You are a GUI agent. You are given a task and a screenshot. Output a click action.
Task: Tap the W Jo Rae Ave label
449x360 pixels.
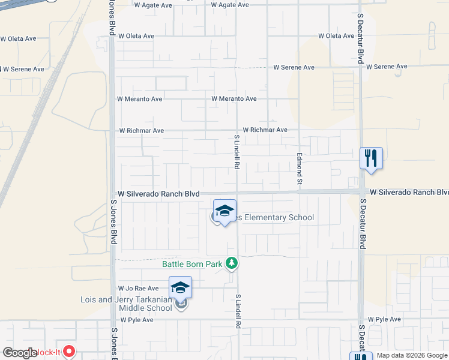[x=139, y=289]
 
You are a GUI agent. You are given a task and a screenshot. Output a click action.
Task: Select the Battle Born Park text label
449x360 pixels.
[x=192, y=263]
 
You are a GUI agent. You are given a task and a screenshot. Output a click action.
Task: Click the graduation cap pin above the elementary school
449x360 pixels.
[x=224, y=211]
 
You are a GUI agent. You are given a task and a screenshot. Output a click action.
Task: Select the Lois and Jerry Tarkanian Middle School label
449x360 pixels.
[x=127, y=304]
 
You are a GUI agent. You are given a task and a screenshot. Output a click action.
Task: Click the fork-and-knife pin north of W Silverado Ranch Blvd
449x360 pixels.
[x=370, y=158]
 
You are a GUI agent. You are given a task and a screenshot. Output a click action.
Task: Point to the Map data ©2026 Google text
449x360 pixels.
[x=412, y=355]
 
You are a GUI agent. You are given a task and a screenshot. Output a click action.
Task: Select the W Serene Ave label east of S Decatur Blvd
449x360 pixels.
[x=387, y=67]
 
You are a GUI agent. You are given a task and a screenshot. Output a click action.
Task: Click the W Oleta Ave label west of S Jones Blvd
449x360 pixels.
[x=18, y=39]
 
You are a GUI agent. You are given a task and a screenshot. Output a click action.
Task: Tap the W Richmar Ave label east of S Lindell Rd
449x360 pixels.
[x=265, y=130]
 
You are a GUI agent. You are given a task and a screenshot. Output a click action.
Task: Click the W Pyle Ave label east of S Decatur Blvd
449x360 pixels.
[x=384, y=319]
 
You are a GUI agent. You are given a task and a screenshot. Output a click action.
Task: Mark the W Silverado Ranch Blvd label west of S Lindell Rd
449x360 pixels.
[x=158, y=194]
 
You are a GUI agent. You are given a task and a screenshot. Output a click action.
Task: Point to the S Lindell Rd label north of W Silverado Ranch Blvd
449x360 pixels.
[x=237, y=152]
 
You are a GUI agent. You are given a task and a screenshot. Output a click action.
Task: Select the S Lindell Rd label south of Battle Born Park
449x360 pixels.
[x=238, y=311]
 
